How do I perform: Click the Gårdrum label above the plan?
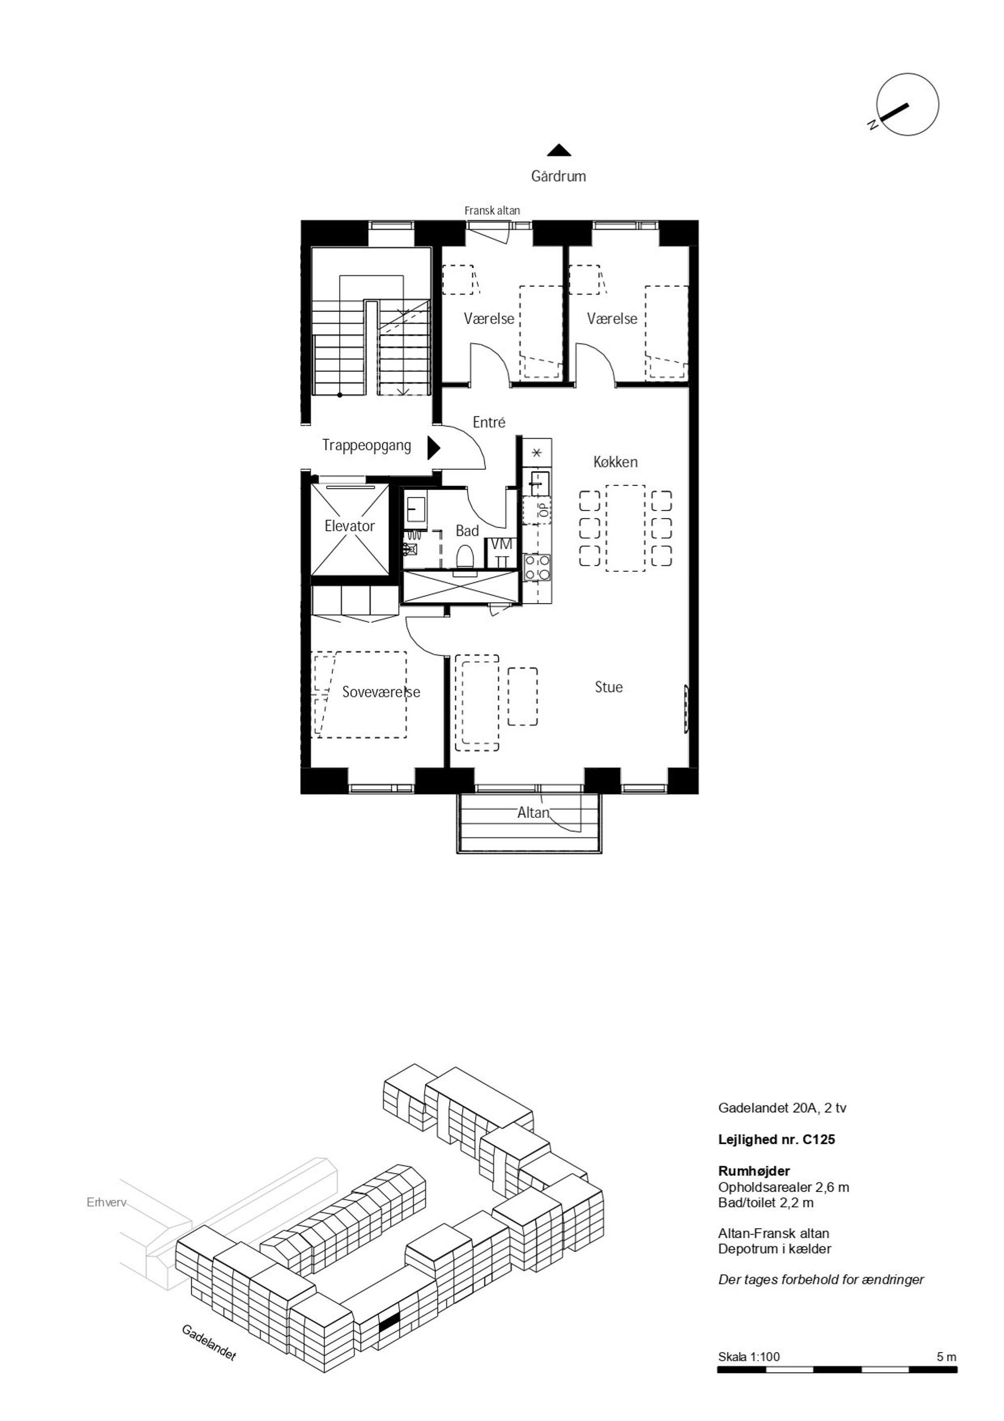click(558, 177)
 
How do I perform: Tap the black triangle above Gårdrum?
click(559, 150)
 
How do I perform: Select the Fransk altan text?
click(492, 211)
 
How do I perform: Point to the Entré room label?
click(489, 422)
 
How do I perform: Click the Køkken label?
click(615, 462)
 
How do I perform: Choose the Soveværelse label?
click(381, 692)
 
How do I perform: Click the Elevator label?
click(350, 526)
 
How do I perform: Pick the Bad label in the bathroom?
click(468, 530)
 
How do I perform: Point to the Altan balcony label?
click(533, 813)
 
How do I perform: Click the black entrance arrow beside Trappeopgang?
click(433, 447)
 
